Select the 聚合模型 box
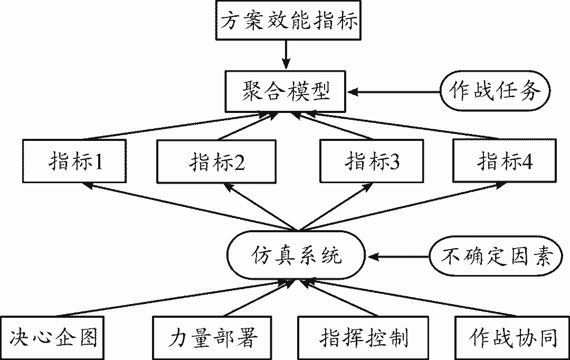point(286,91)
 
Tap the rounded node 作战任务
point(495,91)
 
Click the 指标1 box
point(74,160)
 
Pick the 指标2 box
point(217,162)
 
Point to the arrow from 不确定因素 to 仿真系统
point(398,257)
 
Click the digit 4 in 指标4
point(527,162)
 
